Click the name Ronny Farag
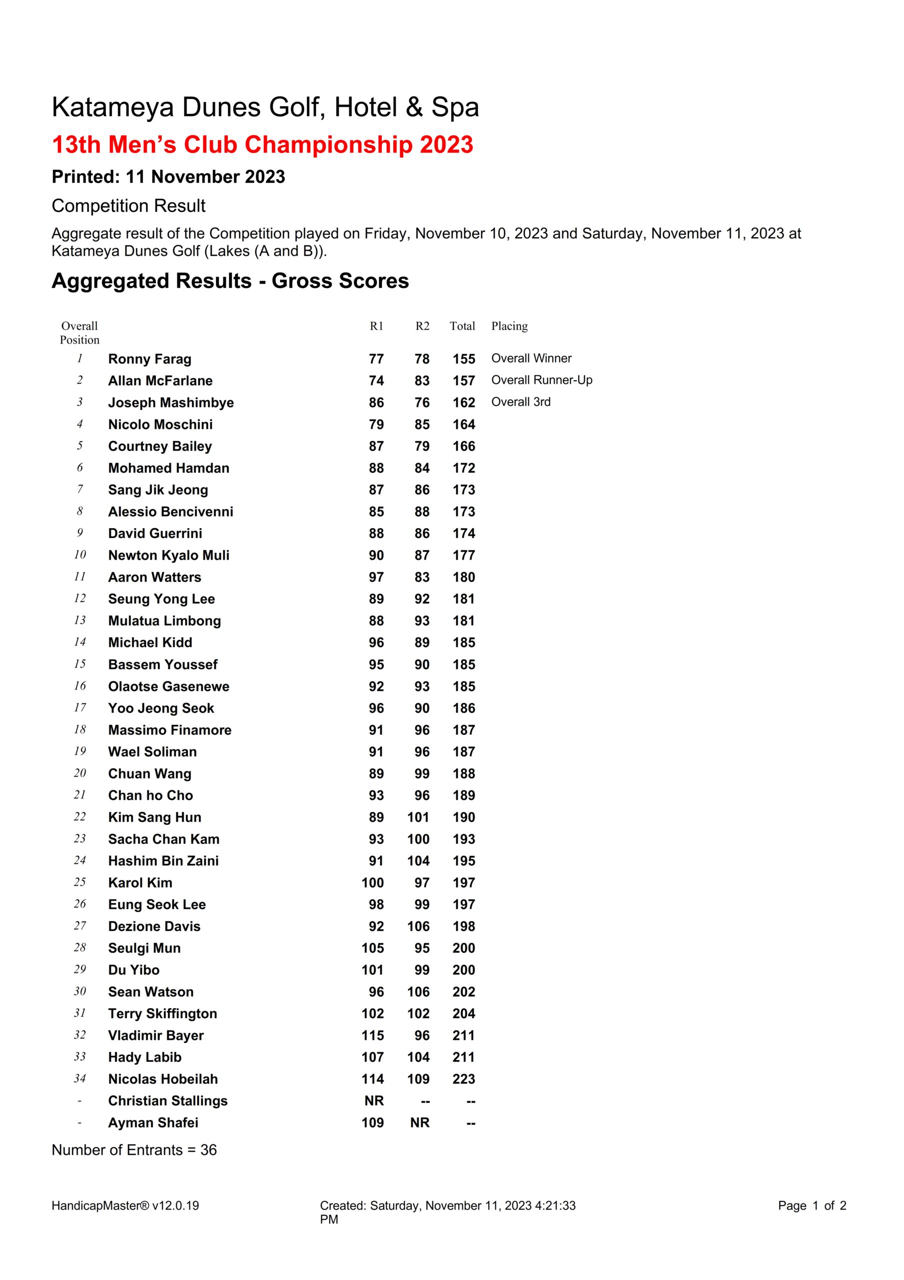(149, 359)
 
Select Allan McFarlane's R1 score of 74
(376, 381)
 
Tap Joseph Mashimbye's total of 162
(464, 402)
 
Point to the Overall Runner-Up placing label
(541, 380)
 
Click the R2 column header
(422, 326)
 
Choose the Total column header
(462, 326)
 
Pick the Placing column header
(509, 326)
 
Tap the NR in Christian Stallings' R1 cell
(374, 1100)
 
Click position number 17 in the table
(79, 708)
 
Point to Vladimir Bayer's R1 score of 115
(372, 1035)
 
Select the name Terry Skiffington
(162, 1013)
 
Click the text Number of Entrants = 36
(134, 1149)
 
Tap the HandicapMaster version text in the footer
(125, 1206)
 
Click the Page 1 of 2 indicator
(812, 1206)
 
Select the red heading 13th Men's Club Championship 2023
(262, 144)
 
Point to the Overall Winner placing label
(531, 358)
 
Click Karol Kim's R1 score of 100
(372, 882)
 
